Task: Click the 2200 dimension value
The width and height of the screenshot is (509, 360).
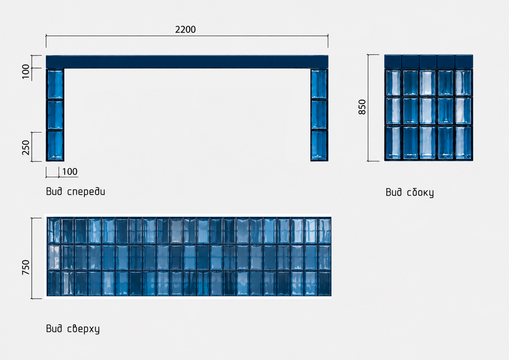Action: pos(186,29)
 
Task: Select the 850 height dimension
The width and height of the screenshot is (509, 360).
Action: pos(362,107)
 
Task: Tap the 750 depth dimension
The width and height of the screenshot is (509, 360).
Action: pos(25,267)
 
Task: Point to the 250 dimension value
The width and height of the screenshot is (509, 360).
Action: pos(25,148)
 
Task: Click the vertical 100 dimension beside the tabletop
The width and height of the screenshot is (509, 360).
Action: pos(25,71)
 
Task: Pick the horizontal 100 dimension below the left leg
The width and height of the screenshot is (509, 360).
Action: pos(70,172)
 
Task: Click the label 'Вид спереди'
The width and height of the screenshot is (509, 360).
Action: pos(76,191)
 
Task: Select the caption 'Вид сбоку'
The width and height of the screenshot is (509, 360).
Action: pos(409,192)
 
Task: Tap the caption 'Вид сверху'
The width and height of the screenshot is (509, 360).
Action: pos(73,329)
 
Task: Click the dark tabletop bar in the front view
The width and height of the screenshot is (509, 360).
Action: pos(187,62)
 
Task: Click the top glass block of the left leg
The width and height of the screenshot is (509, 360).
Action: pos(55,84)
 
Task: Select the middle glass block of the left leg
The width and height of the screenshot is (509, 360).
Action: pos(55,115)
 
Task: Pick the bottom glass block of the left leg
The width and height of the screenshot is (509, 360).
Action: pos(55,145)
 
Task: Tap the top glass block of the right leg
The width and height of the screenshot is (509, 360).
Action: pos(319,84)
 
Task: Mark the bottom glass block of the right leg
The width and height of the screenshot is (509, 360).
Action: pos(319,145)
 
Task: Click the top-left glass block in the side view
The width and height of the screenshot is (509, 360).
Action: pos(393,83)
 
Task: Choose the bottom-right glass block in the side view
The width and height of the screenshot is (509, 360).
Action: pos(464,143)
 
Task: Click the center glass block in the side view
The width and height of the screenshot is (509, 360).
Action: pos(428,111)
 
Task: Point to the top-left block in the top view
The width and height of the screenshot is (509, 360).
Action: pos(54,231)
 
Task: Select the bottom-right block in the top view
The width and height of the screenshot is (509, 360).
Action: pos(324,284)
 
